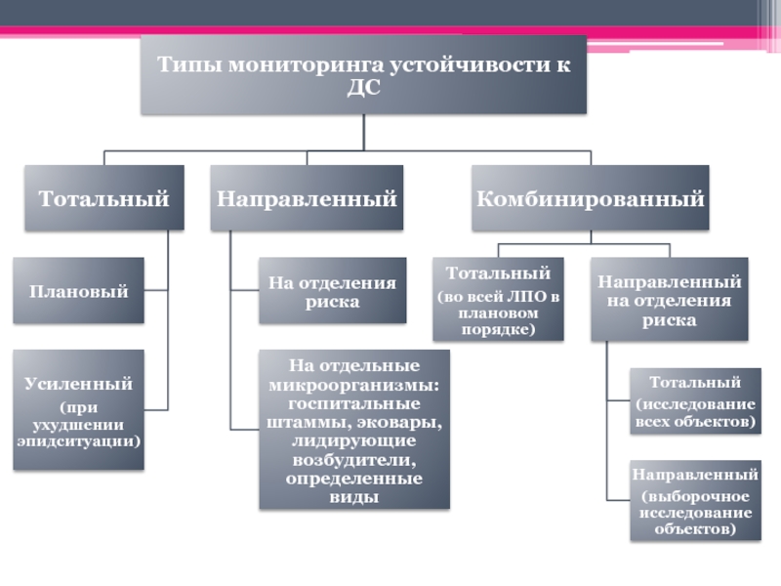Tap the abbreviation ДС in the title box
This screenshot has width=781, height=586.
362,88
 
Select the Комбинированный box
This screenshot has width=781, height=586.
590,198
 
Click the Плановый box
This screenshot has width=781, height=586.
78,291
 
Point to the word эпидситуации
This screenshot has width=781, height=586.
78,440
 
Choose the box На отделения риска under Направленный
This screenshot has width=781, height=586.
332,291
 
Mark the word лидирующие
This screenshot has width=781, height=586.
354,441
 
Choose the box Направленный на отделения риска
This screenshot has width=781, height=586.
669,300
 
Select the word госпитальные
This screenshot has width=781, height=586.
354,404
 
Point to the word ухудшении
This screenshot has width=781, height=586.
78,424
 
